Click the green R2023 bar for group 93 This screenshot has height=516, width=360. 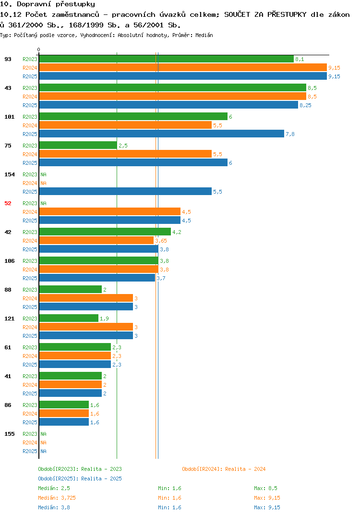pos(167,59)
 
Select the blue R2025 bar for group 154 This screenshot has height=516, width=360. pos(125,192)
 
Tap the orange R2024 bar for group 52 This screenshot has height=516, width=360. pos(110,211)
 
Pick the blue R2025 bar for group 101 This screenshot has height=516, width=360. pos(161,134)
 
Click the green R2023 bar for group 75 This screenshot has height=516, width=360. pos(78,145)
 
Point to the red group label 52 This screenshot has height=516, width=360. pos(8,203)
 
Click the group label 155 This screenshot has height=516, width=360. pos(10,434)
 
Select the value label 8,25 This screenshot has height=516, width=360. pos(305,105)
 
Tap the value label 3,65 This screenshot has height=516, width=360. pos(161,241)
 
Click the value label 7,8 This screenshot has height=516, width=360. pos(290,134)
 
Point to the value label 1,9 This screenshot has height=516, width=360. pos(104,319)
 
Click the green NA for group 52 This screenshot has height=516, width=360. pos(43,203)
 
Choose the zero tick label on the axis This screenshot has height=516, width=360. pos(39,49)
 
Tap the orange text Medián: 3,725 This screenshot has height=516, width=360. pos(57,498)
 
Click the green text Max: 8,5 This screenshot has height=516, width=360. pos(265,488)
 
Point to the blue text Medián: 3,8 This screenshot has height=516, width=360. pos(54,507)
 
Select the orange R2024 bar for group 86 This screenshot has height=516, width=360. pos(64,413)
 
